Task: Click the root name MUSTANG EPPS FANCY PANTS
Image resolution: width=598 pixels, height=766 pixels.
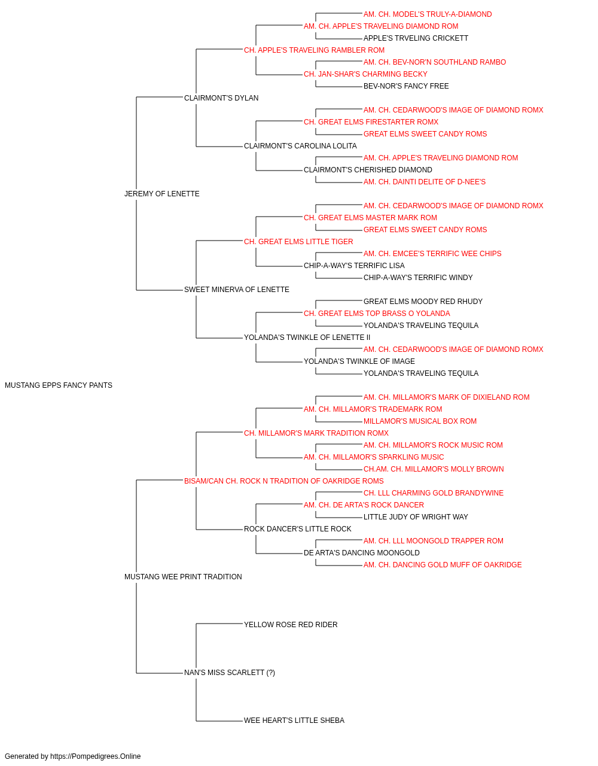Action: pos(59,385)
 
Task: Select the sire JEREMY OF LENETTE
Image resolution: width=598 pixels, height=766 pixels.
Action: pos(161,194)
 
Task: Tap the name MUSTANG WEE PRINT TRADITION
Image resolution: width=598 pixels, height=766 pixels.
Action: pos(183,577)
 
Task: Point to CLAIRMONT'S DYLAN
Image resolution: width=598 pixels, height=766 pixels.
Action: pos(221,98)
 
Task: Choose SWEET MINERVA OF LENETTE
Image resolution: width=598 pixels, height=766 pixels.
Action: pos(237,290)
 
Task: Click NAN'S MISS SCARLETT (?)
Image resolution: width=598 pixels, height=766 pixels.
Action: pos(230,673)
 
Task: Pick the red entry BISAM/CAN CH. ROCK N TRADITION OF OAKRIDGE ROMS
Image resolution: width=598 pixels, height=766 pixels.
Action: pos(284,481)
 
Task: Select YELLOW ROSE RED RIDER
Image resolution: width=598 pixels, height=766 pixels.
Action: pos(291,625)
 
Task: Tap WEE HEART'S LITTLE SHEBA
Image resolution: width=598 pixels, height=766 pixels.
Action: pos(294,721)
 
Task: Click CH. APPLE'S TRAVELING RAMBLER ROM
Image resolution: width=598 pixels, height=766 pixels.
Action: pos(314,50)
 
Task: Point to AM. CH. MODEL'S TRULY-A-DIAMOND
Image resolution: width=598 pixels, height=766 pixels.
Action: pos(428,14)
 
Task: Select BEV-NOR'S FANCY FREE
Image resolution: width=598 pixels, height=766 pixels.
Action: pos(406,86)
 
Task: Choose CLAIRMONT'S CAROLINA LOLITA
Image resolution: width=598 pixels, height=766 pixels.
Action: pos(300,146)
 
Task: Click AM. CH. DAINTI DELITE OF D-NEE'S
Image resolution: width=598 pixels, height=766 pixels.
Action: pos(425,182)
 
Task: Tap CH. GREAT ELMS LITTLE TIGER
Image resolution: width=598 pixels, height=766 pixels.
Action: pos(298,241)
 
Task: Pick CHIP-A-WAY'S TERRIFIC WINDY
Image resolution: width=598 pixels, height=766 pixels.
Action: pos(418,278)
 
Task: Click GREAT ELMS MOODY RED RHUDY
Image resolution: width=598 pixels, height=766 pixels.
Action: pos(423,302)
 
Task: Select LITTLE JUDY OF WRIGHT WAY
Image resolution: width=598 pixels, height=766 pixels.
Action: pos(416,517)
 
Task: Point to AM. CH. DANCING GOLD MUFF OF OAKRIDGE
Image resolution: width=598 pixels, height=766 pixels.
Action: pos(443,565)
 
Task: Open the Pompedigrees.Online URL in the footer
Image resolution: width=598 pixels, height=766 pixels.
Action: pos(96,756)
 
